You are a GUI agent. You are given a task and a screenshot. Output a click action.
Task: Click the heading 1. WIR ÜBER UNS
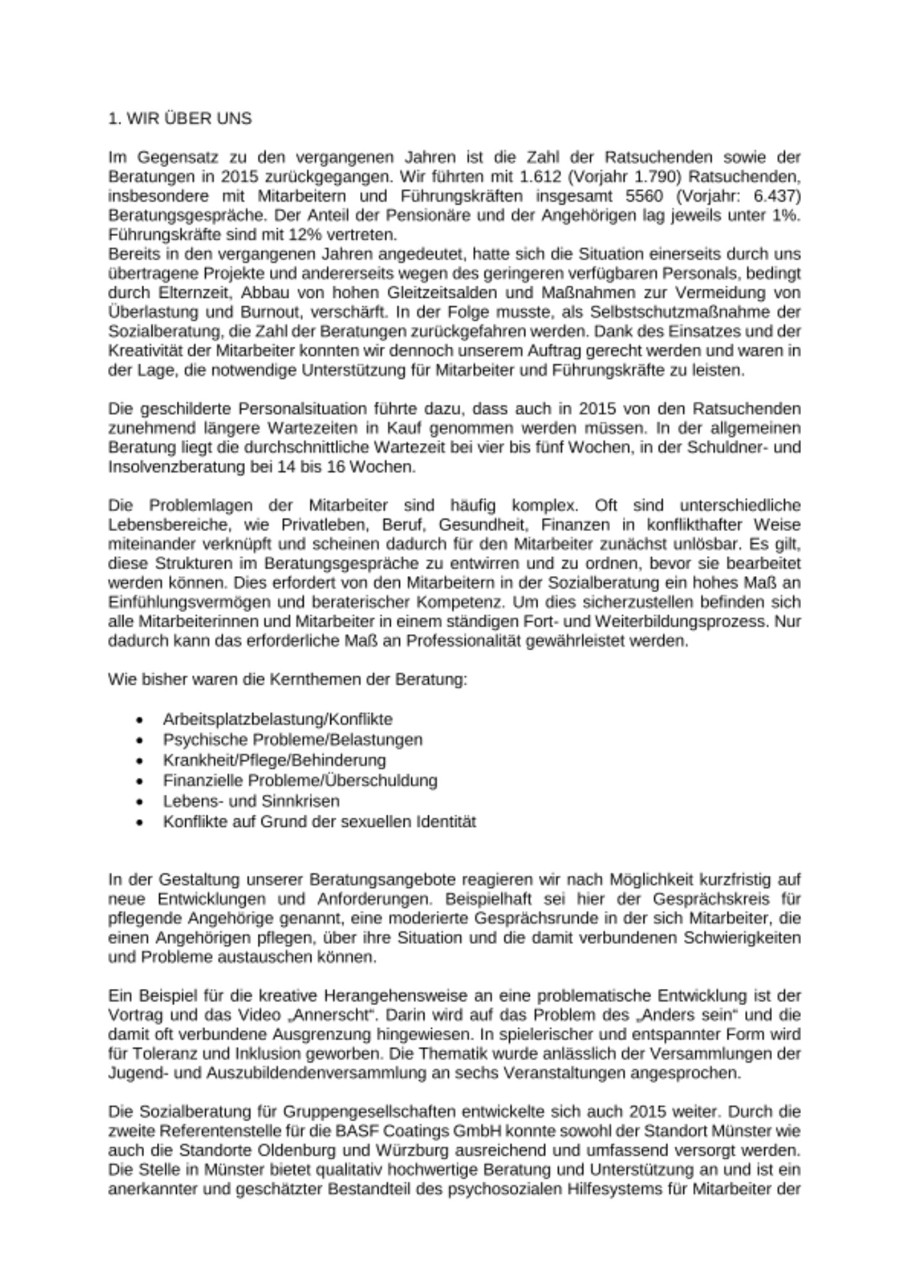(180, 118)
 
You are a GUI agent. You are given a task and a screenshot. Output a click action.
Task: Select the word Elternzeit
(186, 293)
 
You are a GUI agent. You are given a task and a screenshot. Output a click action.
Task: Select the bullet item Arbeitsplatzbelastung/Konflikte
(277, 720)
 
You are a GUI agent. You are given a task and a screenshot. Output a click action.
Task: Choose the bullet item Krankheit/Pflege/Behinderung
(274, 761)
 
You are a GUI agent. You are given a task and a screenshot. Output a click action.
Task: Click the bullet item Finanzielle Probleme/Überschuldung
(300, 781)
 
